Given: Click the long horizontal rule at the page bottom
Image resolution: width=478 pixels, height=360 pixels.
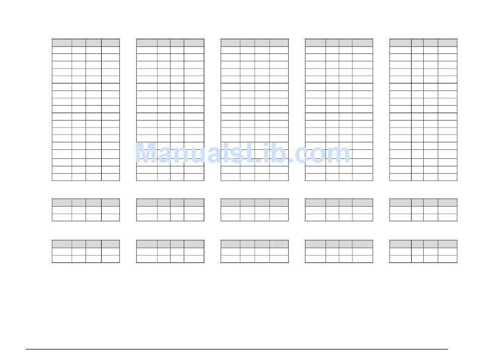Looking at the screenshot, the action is [x=236, y=349].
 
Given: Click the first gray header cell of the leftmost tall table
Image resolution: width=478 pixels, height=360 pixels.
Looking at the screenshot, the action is [x=62, y=43].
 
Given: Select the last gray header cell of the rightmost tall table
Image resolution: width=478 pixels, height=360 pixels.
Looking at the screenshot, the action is [x=447, y=43].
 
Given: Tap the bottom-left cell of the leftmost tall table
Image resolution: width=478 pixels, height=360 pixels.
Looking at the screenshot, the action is [x=62, y=177].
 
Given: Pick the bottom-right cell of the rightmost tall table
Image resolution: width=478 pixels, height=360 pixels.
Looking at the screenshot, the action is [x=447, y=177].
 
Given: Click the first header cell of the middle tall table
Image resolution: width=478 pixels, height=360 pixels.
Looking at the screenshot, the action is [x=230, y=43].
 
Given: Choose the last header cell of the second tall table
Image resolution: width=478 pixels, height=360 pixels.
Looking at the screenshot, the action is [x=194, y=43].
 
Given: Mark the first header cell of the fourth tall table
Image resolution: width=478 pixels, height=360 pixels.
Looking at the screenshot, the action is [x=315, y=43].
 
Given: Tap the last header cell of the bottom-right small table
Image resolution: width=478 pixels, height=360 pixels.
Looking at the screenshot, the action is [x=447, y=244].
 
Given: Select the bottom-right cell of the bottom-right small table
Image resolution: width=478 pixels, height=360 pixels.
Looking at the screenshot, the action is [x=447, y=259].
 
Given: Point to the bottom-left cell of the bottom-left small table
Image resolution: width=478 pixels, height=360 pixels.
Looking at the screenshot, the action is [x=62, y=259].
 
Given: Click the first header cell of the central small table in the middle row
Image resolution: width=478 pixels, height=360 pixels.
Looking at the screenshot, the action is [x=230, y=202].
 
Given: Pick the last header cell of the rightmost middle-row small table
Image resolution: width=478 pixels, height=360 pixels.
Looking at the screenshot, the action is [x=447, y=202].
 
